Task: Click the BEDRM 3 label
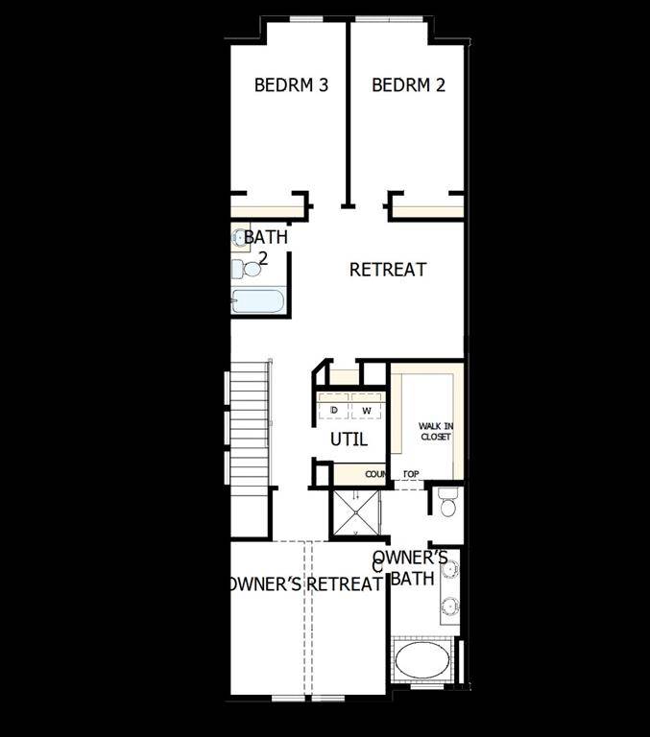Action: (291, 84)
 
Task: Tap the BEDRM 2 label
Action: (408, 84)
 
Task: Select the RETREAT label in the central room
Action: (387, 270)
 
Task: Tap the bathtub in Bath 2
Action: (257, 301)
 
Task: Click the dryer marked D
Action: (334, 410)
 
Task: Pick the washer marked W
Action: (366, 410)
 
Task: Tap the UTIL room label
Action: (349, 440)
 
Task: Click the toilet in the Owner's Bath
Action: (447, 502)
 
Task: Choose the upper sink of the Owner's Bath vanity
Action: (449, 568)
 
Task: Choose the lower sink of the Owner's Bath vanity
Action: (449, 606)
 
